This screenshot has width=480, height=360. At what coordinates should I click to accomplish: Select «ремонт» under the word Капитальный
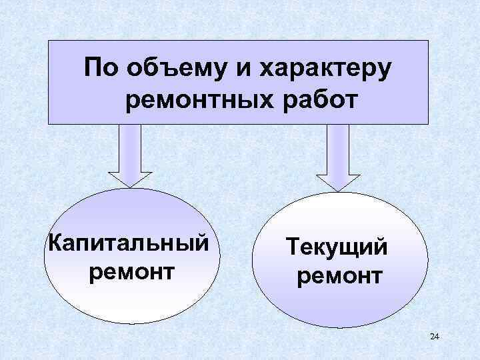click(131, 272)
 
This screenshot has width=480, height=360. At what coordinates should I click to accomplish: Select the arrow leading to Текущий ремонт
click(337, 157)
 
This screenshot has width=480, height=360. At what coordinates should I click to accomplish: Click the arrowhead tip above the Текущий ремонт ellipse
click(337, 189)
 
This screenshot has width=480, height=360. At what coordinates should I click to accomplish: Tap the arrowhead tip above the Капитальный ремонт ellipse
click(130, 186)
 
